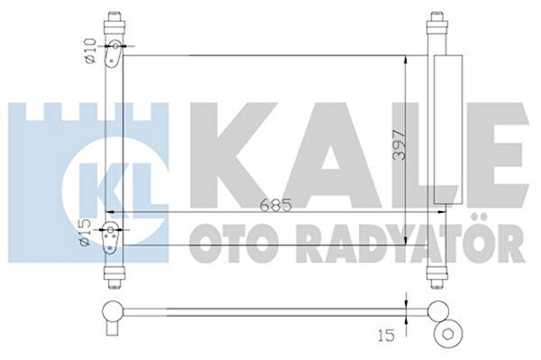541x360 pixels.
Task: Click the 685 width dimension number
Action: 276,206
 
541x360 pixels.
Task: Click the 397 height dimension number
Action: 399,144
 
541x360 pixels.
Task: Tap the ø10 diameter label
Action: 89,51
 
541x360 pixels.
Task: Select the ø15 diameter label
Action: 86,233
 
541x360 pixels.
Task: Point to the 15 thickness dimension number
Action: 386,335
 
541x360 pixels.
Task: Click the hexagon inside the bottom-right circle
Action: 448,334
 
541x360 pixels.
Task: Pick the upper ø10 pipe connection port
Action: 115,46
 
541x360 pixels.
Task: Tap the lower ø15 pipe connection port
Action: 110,229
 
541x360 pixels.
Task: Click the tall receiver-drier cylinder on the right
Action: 448,129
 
